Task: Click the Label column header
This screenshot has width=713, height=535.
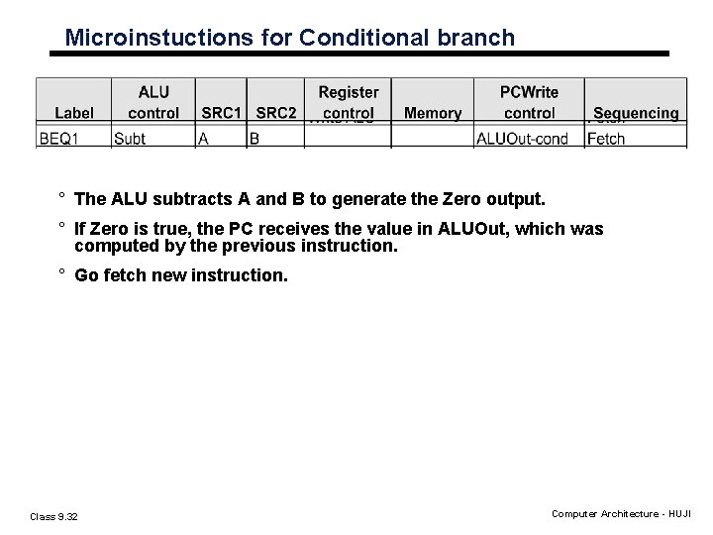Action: pyautogui.click(x=75, y=114)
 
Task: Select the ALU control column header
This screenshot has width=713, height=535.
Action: pyautogui.click(x=153, y=103)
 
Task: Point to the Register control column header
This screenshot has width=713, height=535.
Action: pyautogui.click(x=348, y=103)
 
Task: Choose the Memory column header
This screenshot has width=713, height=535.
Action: pyautogui.click(x=433, y=114)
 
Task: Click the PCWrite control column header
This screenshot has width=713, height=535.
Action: pyautogui.click(x=530, y=103)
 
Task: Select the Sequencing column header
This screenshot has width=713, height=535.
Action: pyautogui.click(x=636, y=114)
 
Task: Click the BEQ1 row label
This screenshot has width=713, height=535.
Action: pyautogui.click(x=59, y=139)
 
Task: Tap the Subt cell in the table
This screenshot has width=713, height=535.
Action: pyautogui.click(x=130, y=139)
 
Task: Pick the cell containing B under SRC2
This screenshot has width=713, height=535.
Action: pyautogui.click(x=255, y=139)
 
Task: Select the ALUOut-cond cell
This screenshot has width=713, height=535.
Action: pyautogui.click(x=523, y=139)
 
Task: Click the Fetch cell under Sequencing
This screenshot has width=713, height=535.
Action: pyautogui.click(x=606, y=139)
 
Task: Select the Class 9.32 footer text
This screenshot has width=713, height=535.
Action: pyautogui.click(x=55, y=515)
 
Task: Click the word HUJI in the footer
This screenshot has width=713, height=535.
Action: pyautogui.click(x=679, y=515)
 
